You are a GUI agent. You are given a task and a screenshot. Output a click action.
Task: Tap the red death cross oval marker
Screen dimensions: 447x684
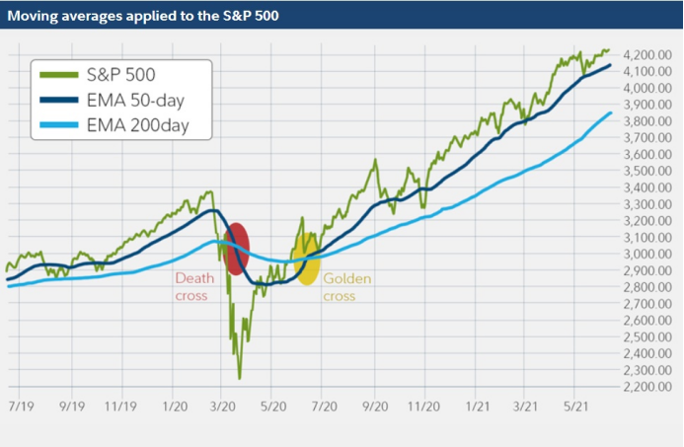pos(237,249)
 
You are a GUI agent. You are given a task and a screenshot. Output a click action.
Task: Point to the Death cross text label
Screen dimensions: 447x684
pos(194,286)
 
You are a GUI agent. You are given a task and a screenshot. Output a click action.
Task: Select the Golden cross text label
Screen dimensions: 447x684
pos(347,286)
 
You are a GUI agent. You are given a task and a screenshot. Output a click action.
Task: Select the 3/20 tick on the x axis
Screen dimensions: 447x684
pos(223,406)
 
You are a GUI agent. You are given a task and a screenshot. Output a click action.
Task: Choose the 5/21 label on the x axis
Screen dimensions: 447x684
pos(575,406)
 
